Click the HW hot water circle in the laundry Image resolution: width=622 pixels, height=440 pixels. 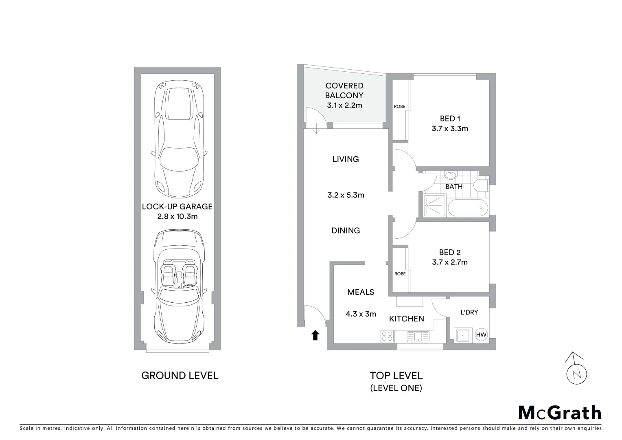[x=481, y=335]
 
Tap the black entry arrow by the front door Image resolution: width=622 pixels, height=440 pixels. [x=315, y=335]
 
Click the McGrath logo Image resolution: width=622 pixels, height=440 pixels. [x=560, y=413]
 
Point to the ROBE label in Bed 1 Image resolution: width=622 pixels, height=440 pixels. [x=399, y=107]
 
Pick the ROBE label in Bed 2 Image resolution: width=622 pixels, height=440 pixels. [x=400, y=274]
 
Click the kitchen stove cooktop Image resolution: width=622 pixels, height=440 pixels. [x=387, y=336]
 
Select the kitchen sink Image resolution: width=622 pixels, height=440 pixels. [x=418, y=337]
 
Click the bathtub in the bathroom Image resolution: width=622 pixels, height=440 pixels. [x=468, y=208]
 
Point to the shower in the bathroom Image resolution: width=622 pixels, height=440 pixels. [x=434, y=206]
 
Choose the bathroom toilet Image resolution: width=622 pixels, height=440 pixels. [x=482, y=185]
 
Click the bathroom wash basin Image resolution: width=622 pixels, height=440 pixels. [x=451, y=176]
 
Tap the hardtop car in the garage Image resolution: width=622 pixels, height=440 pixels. [x=179, y=139]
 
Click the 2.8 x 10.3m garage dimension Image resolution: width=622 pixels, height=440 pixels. [x=177, y=216]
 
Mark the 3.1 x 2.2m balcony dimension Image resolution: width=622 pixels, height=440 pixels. [x=344, y=106]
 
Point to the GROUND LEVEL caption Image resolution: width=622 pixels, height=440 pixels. [x=180, y=375]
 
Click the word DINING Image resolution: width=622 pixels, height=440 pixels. [x=346, y=231]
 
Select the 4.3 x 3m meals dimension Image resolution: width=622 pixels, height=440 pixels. [x=361, y=314]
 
